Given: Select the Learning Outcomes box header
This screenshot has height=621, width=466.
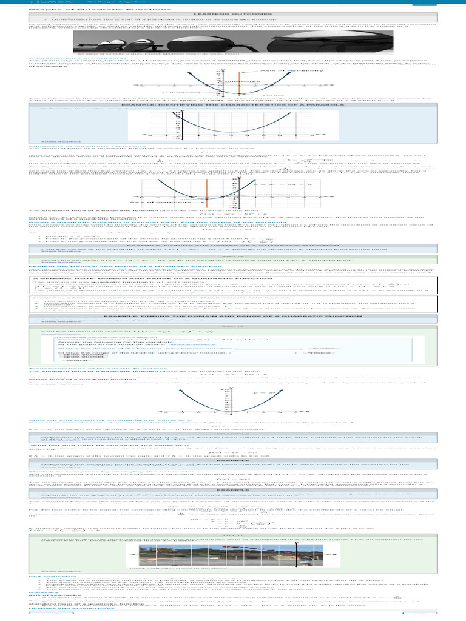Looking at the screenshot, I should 232,14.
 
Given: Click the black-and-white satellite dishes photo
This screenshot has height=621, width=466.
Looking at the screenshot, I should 233,42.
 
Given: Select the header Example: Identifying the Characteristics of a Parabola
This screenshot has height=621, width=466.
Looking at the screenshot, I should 232,104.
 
